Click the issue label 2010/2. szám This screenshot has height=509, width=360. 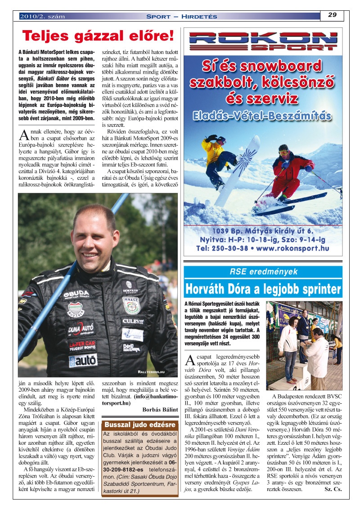(42, 17)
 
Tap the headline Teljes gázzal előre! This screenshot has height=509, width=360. (98, 36)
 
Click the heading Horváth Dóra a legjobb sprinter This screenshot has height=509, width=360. (263, 288)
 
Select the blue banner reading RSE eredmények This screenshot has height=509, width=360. (263, 272)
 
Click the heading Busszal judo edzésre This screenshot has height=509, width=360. (139, 424)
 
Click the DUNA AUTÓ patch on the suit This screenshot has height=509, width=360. (81, 330)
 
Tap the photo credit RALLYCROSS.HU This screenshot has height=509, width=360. (152, 372)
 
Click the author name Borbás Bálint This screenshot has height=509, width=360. (160, 409)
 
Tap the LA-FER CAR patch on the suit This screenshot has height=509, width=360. (82, 345)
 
